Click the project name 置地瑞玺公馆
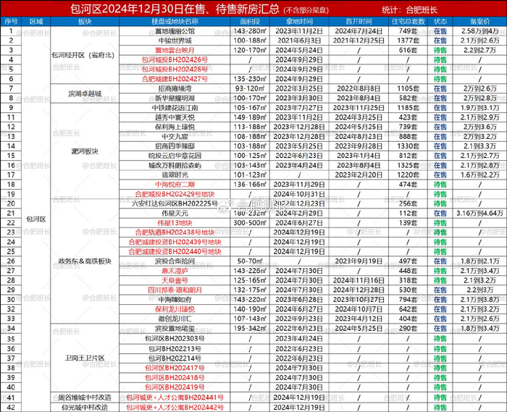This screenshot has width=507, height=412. pyautogui.click(x=175, y=31)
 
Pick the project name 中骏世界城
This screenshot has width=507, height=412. pyautogui.click(x=175, y=41)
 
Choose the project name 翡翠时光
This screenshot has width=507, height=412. pyautogui.click(x=175, y=175)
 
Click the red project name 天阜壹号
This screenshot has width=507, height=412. pyautogui.click(x=175, y=279)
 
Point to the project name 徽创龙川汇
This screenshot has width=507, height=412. pyautogui.click(x=175, y=318)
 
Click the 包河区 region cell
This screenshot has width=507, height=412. pyautogui.click(x=36, y=217)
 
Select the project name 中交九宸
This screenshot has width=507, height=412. pyautogui.click(x=175, y=135)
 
